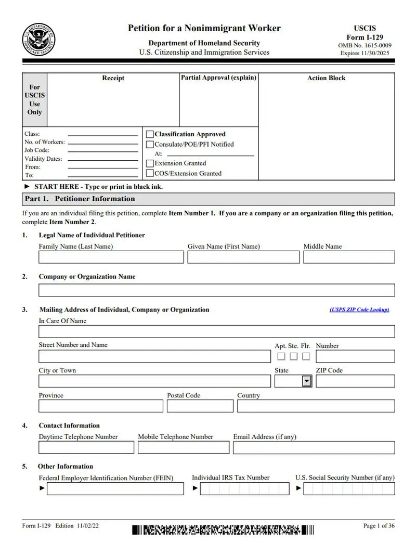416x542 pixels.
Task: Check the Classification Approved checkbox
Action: pyautogui.click(x=150, y=134)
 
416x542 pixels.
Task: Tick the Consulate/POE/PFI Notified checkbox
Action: pyautogui.click(x=150, y=145)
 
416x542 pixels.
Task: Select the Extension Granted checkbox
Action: pyautogui.click(x=150, y=163)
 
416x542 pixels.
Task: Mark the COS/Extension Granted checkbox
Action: pyautogui.click(x=150, y=174)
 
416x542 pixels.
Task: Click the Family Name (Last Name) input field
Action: pyautogui.click(x=111, y=257)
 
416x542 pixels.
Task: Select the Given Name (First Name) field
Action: pyautogui.click(x=243, y=257)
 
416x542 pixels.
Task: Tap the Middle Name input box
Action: pyautogui.click(x=349, y=257)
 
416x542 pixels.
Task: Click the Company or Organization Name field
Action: pyautogui.click(x=216, y=290)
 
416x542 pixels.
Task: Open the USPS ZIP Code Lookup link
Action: pyautogui.click(x=359, y=310)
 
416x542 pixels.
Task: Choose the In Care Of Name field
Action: pyautogui.click(x=216, y=332)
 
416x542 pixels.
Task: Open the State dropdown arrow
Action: pyautogui.click(x=307, y=381)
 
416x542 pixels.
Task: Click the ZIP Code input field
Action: pyautogui.click(x=355, y=381)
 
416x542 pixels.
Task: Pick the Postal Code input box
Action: pyautogui.click(x=200, y=406)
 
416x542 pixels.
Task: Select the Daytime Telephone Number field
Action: pyautogui.click(x=86, y=448)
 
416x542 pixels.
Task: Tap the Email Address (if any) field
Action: pyautogui.click(x=314, y=448)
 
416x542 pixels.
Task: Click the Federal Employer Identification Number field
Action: pyautogui.click(x=115, y=489)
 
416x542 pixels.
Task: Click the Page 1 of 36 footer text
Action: pyautogui.click(x=379, y=526)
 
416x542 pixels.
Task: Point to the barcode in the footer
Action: pyautogui.click(x=223, y=530)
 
